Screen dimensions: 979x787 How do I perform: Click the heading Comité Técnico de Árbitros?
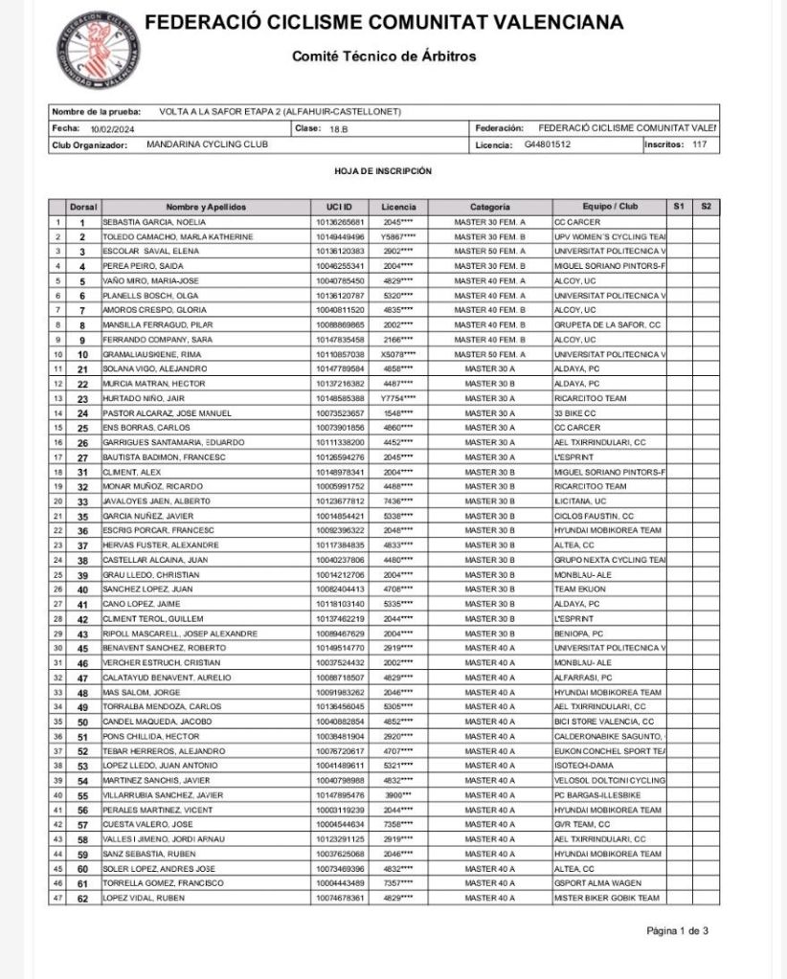pyautogui.click(x=384, y=56)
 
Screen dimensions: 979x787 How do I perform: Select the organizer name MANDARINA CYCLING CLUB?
pyautogui.click(x=208, y=145)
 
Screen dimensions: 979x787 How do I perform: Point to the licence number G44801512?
pyautogui.click(x=547, y=145)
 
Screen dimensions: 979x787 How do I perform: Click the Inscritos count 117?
pyautogui.click(x=699, y=145)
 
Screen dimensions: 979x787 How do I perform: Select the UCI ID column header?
pyautogui.click(x=326, y=207)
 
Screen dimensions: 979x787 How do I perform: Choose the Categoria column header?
pyautogui.click(x=489, y=207)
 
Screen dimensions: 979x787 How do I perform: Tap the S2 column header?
pyautogui.click(x=706, y=207)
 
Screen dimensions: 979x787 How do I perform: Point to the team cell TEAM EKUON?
pyautogui.click(x=580, y=590)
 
